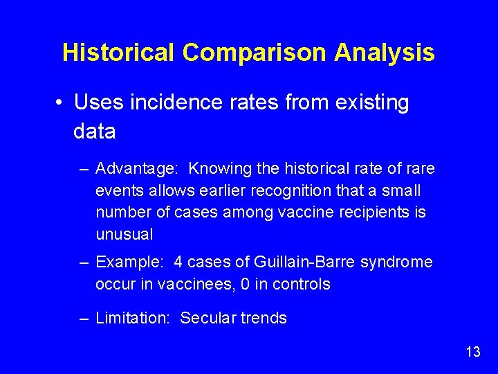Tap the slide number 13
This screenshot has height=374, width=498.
click(x=473, y=352)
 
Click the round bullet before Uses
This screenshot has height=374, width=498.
click(x=61, y=103)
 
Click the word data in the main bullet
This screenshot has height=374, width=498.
click(x=94, y=131)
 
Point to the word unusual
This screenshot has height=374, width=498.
click(x=124, y=234)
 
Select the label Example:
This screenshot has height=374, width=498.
click(x=131, y=262)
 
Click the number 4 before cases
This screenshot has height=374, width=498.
click(x=178, y=262)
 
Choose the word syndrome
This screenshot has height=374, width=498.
click(x=399, y=262)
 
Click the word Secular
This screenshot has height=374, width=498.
click(x=205, y=319)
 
